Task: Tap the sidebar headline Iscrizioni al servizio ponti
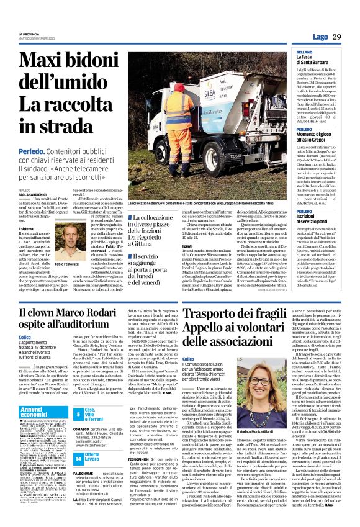[316, 220]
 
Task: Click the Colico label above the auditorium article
[25, 354]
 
